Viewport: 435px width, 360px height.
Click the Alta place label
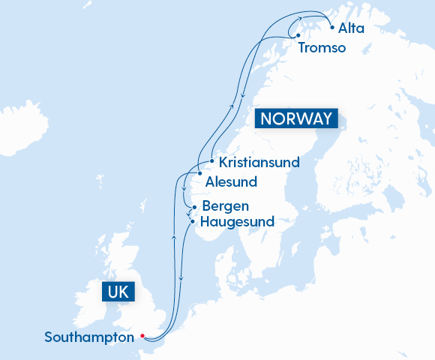point(351,28)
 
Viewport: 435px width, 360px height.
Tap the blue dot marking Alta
point(332,28)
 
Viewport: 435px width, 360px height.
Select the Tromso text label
point(322,48)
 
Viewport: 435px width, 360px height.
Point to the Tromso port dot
point(298,36)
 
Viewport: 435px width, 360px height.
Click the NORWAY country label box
point(297,119)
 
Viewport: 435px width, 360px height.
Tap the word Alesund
point(231,181)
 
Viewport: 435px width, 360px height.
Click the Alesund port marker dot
point(199,174)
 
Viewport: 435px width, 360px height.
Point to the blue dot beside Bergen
point(194,206)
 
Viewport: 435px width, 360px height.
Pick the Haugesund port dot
point(193,221)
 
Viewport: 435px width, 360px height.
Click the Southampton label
point(88,337)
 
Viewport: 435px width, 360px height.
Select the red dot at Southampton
point(141,337)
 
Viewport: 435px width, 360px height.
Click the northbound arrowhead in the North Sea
point(174,237)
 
